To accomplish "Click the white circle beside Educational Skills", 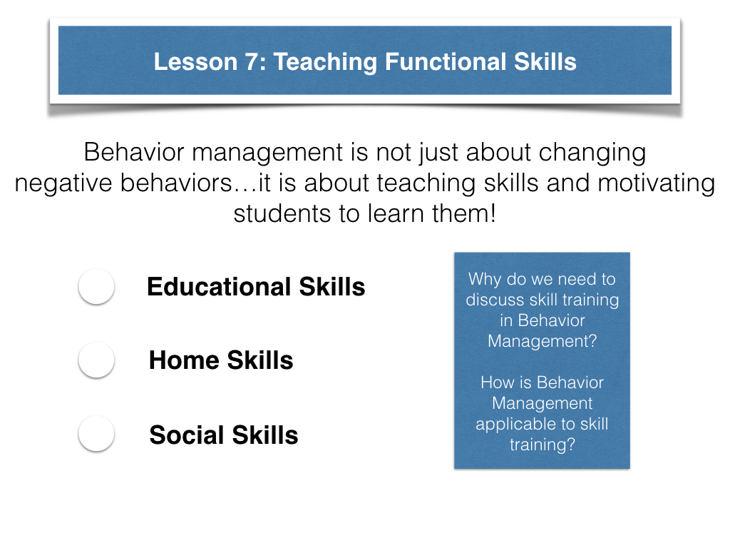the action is pos(96,286).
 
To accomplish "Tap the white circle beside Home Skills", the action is pos(96,360).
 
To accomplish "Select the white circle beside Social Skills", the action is pos(96,433).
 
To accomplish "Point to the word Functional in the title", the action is pos(446,62).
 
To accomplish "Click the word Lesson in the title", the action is pos(195,62).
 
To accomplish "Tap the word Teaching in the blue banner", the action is pos(325,63).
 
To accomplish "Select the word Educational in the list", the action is pos(219,286).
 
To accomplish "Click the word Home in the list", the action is pos(184,360).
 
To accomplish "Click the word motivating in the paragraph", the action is pos(656,183).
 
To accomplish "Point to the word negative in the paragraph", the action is pos(63,183).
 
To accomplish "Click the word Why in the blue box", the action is pos(485,279).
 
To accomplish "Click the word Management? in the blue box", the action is pos(542,342).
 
